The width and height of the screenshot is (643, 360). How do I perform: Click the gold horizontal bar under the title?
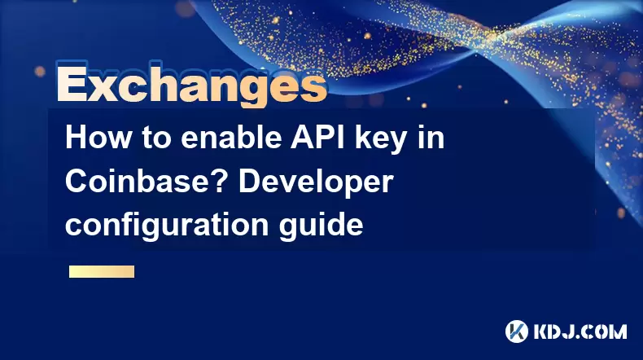102,271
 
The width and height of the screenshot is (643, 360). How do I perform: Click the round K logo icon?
517,331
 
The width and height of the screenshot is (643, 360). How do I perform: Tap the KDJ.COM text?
580,331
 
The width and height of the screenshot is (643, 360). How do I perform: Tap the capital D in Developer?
251,181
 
